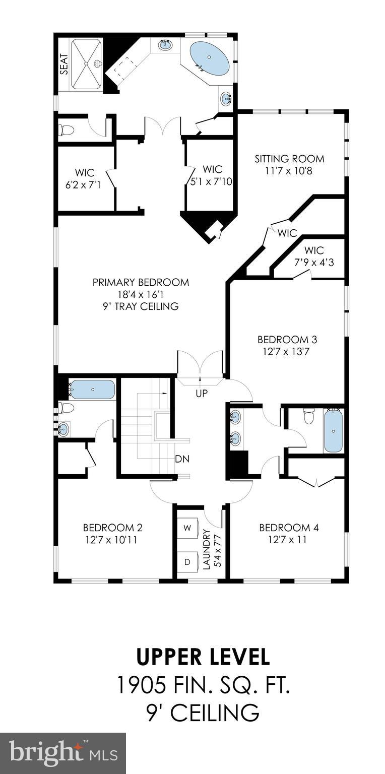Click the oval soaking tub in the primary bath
point(209,58)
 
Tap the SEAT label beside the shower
point(64,64)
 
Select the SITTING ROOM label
point(289,159)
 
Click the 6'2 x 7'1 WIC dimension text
point(83,185)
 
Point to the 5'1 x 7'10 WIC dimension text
point(211,181)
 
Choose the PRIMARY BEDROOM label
point(141,282)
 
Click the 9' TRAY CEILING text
point(141,306)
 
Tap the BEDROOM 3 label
point(287,339)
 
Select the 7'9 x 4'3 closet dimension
point(313,262)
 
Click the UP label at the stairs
point(201,394)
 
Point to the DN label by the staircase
point(182,459)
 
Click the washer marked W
point(187,528)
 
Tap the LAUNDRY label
point(206,549)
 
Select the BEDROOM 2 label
point(112,528)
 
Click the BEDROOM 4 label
point(289,528)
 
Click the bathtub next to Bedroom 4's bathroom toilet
point(333,431)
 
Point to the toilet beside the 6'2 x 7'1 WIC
point(67,131)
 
